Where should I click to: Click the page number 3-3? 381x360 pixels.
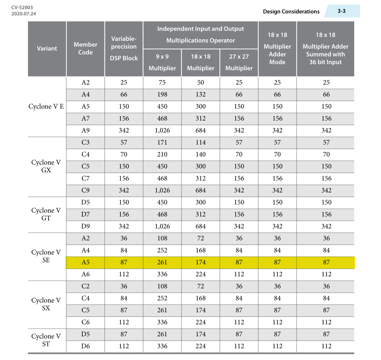(341, 11)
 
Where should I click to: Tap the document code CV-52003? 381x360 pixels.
(22, 7)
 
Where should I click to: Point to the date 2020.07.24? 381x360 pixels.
(24, 14)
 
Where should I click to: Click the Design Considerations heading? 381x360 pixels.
(291, 11)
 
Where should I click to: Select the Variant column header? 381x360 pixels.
(47, 49)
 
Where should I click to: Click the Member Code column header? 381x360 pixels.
(85, 49)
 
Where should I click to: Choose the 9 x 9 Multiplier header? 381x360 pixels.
(162, 62)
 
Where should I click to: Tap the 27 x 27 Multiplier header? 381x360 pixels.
(239, 62)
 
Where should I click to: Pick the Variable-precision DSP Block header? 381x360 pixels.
(124, 49)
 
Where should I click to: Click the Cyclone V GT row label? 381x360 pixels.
(46, 214)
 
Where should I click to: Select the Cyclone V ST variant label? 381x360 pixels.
(46, 340)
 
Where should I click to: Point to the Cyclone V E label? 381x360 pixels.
(46, 107)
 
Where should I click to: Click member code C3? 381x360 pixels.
(85, 142)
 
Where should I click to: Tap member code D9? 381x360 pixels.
(85, 226)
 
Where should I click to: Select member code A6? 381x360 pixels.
(85, 274)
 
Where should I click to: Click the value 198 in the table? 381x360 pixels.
(162, 94)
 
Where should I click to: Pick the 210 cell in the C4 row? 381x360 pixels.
(162, 154)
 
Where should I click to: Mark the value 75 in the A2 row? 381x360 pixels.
(162, 82)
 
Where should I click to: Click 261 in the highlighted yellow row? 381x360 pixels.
(162, 262)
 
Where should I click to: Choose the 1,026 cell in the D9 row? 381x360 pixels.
(162, 226)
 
